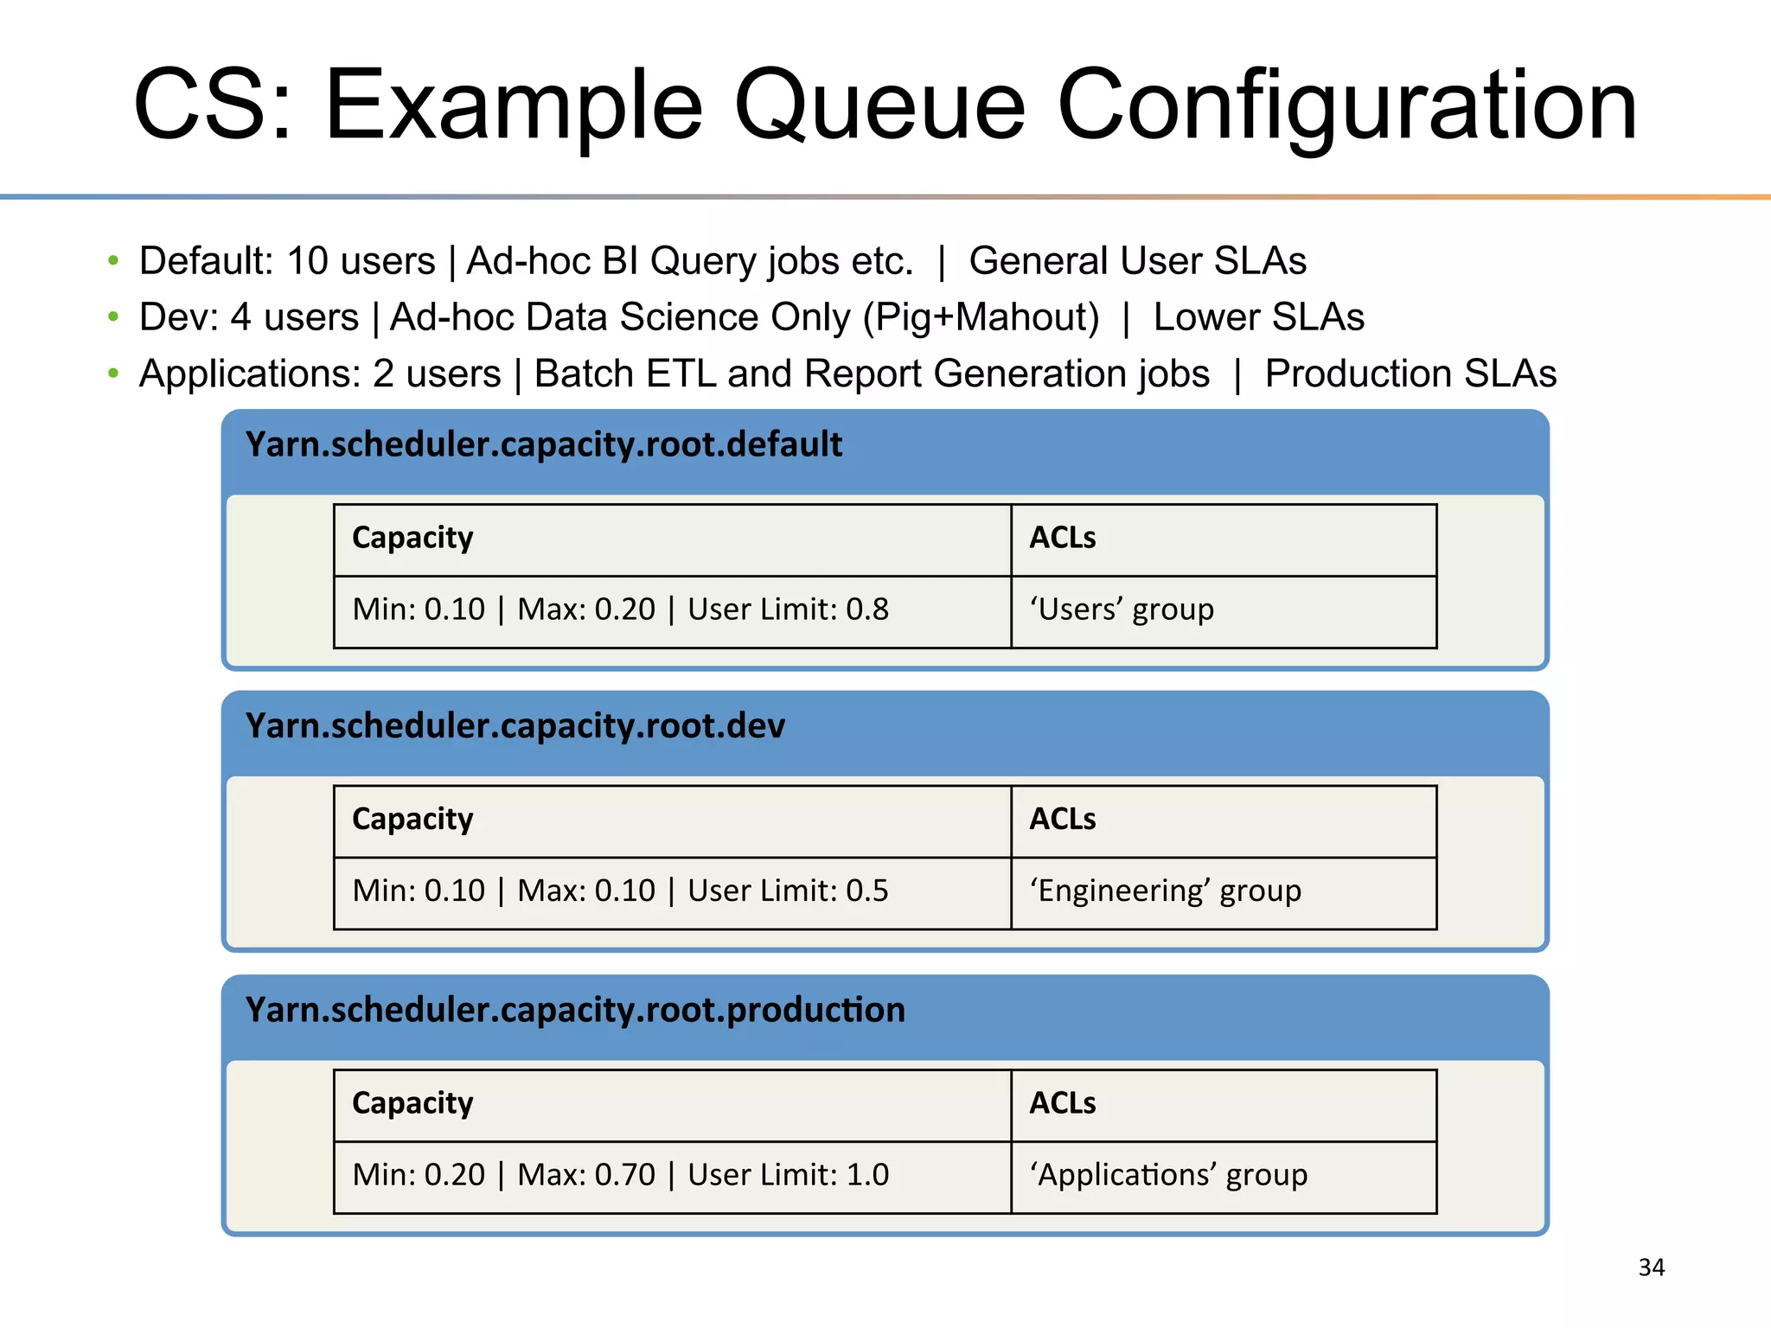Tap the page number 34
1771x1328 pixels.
pos(1651,1267)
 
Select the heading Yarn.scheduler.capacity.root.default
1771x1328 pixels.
pos(543,444)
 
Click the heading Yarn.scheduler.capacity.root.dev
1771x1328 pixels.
pos(515,726)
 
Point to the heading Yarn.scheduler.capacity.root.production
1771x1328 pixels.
pos(574,1010)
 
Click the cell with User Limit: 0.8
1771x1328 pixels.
pos(671,610)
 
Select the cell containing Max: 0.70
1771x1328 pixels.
pos(671,1176)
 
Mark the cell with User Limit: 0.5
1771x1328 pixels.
pos(671,891)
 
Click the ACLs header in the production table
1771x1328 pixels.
pos(1062,1103)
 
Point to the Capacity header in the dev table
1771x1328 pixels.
pos(412,819)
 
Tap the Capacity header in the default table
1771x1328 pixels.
pos(412,538)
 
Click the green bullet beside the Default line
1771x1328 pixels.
pos(113,261)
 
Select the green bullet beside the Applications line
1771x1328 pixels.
pos(113,373)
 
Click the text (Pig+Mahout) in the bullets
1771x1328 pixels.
pos(981,317)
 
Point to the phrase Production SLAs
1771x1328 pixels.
pos(1410,373)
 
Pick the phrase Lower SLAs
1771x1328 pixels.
pos(1258,317)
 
